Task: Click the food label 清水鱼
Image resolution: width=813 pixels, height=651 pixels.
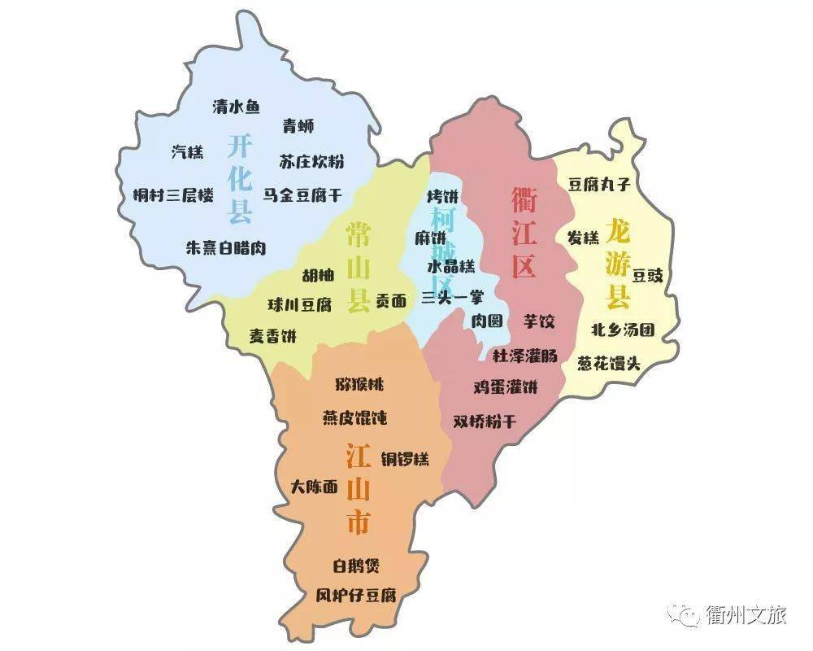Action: (x=236, y=107)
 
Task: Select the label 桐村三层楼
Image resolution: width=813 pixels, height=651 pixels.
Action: (x=174, y=195)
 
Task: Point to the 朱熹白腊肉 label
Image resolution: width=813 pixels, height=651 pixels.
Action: (x=226, y=247)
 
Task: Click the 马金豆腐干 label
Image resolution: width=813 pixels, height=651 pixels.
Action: (x=302, y=195)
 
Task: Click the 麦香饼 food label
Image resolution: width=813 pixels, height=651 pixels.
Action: (x=273, y=335)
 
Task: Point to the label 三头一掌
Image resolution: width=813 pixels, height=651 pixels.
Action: (x=452, y=298)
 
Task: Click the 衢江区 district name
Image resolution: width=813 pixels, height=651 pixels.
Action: (x=524, y=231)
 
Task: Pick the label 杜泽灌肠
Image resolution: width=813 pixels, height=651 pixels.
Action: (x=525, y=356)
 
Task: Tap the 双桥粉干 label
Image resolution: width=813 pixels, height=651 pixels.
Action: (x=485, y=421)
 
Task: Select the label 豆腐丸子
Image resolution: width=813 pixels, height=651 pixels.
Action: (x=599, y=185)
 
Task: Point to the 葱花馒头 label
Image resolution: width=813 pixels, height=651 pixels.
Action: (x=609, y=363)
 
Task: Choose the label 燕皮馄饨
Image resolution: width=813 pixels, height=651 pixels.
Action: (x=354, y=418)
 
